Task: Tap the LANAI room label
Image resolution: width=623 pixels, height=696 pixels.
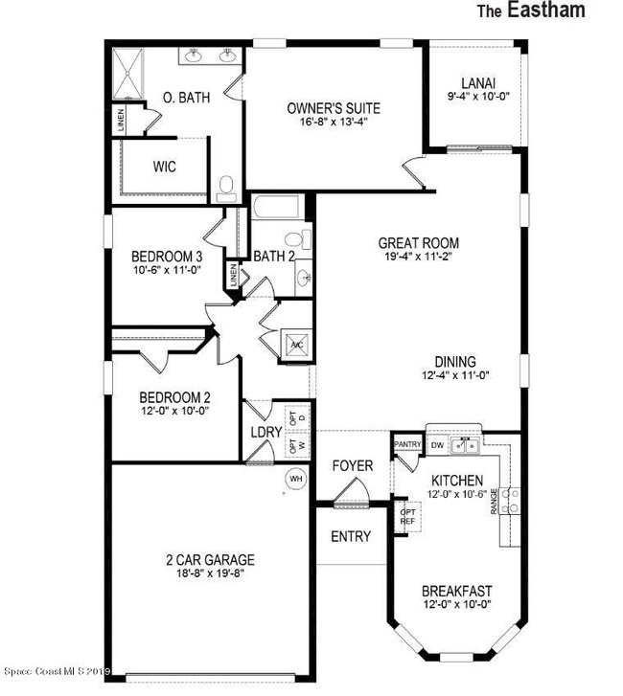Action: pyautogui.click(x=476, y=82)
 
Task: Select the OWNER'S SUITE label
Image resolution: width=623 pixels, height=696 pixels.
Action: pyautogui.click(x=328, y=107)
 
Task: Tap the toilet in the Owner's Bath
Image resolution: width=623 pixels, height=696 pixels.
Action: pyautogui.click(x=226, y=188)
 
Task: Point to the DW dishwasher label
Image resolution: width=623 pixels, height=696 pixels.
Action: pyautogui.click(x=437, y=445)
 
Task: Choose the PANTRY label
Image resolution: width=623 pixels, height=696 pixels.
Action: pyautogui.click(x=407, y=444)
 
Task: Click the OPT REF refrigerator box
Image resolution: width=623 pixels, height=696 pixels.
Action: pyautogui.click(x=407, y=516)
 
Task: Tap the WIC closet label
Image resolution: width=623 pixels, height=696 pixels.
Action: pyautogui.click(x=165, y=166)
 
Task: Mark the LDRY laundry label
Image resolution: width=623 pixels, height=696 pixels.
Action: pyautogui.click(x=265, y=433)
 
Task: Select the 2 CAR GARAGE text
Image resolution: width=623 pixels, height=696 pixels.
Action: pyautogui.click(x=208, y=560)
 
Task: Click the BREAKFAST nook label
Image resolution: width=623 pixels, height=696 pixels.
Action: pyautogui.click(x=457, y=591)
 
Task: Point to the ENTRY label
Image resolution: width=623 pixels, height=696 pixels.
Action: pyautogui.click(x=350, y=537)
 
